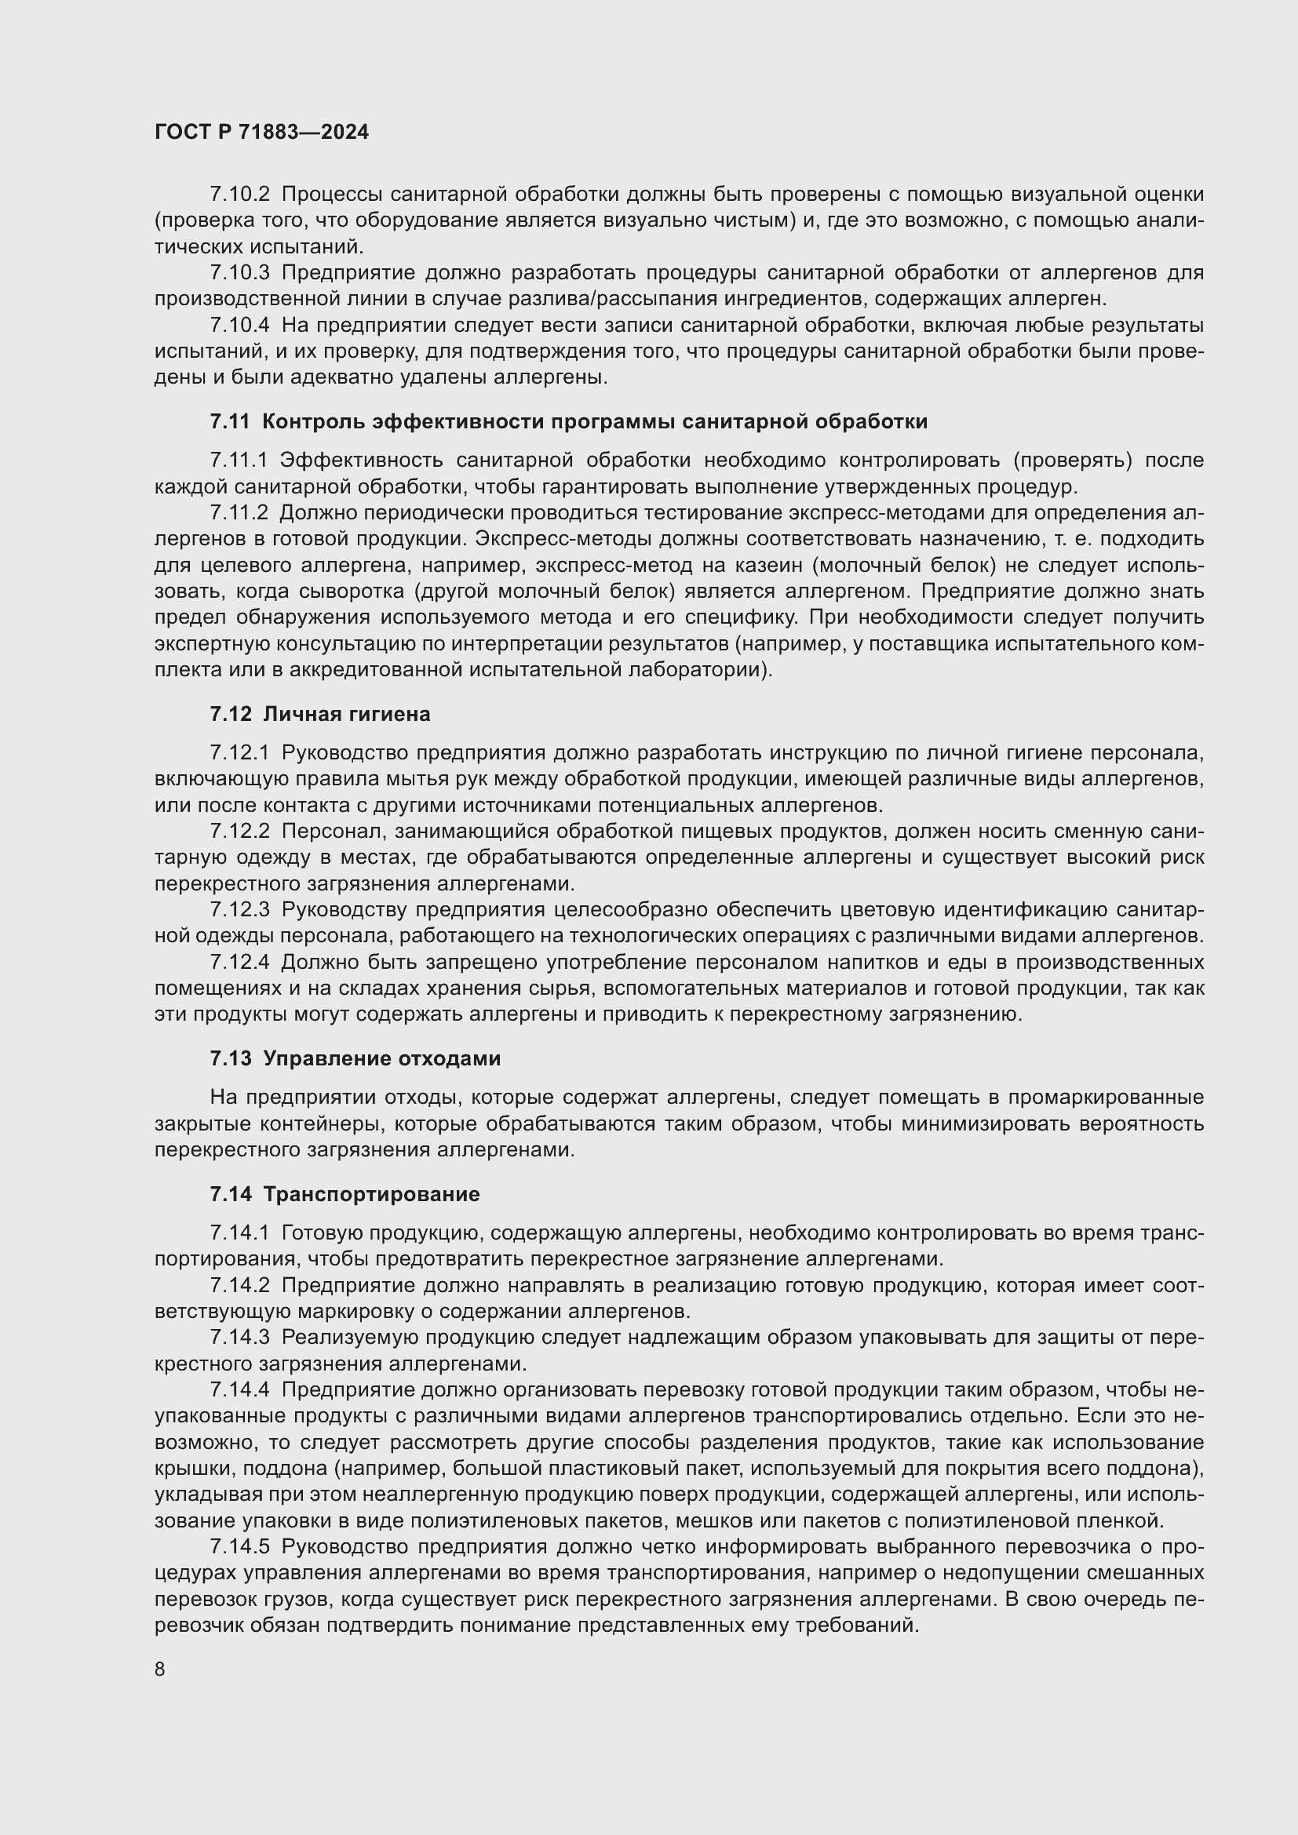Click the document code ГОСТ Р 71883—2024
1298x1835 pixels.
click(261, 132)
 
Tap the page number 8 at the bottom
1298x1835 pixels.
click(160, 1669)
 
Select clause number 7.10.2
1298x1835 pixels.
click(240, 195)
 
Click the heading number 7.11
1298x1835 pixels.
click(229, 421)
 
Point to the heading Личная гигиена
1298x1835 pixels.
click(346, 714)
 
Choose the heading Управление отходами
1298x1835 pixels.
click(382, 1058)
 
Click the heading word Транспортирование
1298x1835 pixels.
click(372, 1194)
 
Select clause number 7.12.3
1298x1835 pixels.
click(240, 909)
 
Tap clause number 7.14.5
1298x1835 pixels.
click(240, 1546)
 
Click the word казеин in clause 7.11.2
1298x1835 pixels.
click(767, 565)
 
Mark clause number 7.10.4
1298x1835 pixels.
click(240, 326)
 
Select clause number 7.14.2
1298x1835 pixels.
click(240, 1285)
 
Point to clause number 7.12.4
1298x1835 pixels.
click(240, 962)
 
